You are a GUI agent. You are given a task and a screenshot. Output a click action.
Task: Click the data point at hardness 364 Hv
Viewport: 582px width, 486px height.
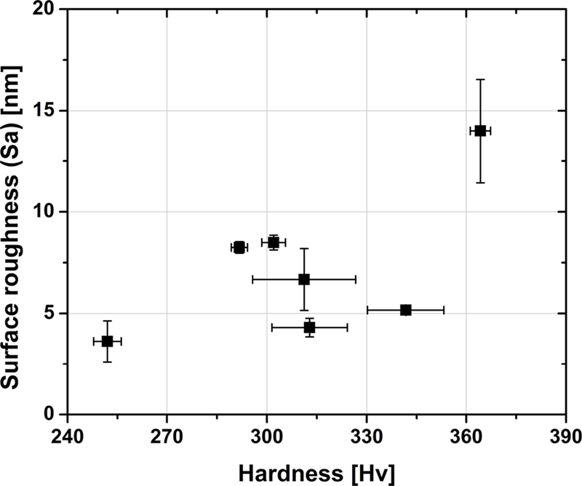click(x=480, y=130)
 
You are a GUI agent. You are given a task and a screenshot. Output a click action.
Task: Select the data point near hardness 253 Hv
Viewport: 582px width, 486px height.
click(x=107, y=340)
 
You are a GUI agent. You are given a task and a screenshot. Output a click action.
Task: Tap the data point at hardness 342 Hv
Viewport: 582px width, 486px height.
click(x=406, y=310)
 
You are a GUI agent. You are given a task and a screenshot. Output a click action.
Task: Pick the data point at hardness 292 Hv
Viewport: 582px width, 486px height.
click(x=239, y=247)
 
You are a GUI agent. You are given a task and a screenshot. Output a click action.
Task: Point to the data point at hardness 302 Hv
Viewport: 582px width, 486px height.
click(x=274, y=242)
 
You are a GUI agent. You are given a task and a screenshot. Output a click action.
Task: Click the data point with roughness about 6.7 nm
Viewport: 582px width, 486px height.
click(x=304, y=279)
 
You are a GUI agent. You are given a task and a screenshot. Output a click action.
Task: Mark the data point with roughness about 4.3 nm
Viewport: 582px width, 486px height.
click(x=309, y=327)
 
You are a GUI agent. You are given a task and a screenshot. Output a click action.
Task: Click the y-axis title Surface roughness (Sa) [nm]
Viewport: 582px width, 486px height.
click(x=15, y=212)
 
